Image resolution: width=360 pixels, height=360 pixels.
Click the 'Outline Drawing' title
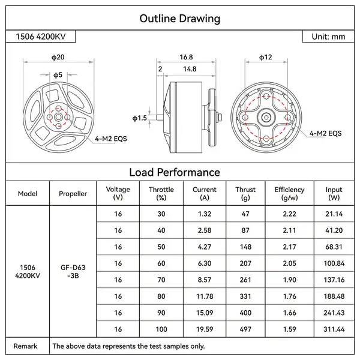point(179,19)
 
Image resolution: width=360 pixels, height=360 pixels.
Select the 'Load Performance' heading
point(179,172)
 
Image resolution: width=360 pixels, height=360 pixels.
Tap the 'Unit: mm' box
point(328,37)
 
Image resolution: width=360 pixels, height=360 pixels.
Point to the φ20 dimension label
point(58,57)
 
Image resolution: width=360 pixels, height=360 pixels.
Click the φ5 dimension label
point(58,75)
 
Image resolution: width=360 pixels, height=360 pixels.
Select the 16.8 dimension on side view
point(186,57)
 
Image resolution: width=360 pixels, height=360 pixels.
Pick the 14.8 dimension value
point(190,69)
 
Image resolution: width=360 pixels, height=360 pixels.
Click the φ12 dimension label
point(265,57)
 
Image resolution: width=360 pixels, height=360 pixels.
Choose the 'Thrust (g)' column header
point(245,193)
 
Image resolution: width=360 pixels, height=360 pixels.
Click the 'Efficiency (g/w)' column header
point(289,193)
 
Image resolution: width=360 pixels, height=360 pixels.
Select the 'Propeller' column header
point(73,194)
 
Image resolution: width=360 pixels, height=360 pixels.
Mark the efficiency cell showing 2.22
point(289,214)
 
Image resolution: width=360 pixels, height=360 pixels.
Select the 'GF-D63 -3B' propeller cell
point(73,271)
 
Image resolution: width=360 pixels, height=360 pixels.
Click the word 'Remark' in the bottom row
point(26,346)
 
